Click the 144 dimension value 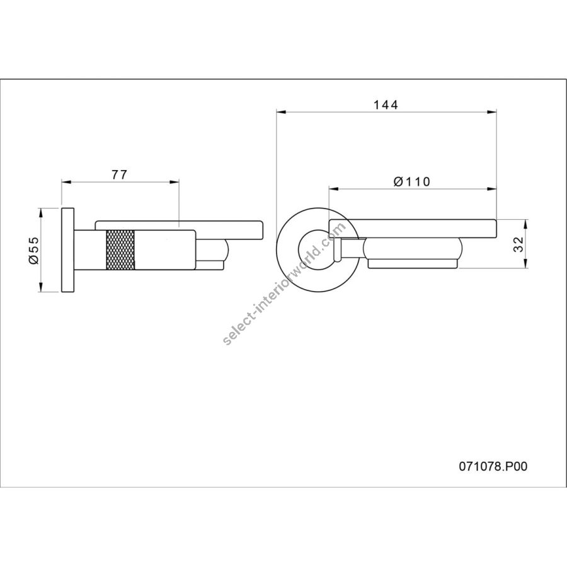(x=386, y=105)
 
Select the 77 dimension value (x=119, y=175)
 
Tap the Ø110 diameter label (x=412, y=181)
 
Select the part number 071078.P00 (x=493, y=466)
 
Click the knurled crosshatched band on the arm (x=120, y=249)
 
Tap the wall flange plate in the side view (x=68, y=250)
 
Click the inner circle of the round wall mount (x=299, y=249)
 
